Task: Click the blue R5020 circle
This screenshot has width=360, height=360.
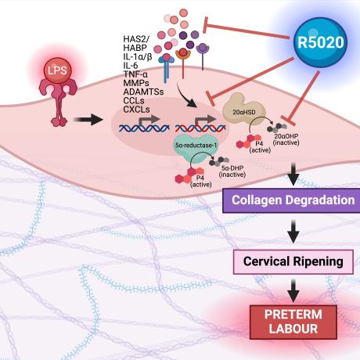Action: (321, 42)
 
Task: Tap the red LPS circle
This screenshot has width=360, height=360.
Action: (57, 70)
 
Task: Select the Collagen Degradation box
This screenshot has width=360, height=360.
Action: (291, 200)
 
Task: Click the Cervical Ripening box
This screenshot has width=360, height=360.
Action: (293, 261)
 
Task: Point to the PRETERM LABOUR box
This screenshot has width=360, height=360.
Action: (293, 322)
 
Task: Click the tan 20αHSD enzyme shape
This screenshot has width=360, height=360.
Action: (244, 111)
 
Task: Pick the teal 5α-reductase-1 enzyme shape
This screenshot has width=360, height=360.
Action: (196, 147)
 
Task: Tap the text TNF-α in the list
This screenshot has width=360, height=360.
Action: (135, 74)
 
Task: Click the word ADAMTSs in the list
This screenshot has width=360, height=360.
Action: (143, 92)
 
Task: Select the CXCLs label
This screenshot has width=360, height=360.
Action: (136, 110)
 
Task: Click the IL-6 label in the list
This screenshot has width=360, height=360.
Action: (131, 66)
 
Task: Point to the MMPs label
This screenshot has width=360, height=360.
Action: (136, 83)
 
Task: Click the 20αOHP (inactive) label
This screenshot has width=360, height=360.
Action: (286, 139)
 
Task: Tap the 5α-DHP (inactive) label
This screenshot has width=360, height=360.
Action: (232, 171)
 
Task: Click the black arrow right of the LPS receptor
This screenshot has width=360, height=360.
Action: (88, 120)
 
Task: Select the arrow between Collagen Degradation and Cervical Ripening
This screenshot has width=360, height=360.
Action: (293, 232)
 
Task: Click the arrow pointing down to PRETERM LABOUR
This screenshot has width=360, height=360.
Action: (293, 290)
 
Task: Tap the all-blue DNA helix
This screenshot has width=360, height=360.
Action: (144, 128)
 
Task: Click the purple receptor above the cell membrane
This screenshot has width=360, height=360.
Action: (203, 56)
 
